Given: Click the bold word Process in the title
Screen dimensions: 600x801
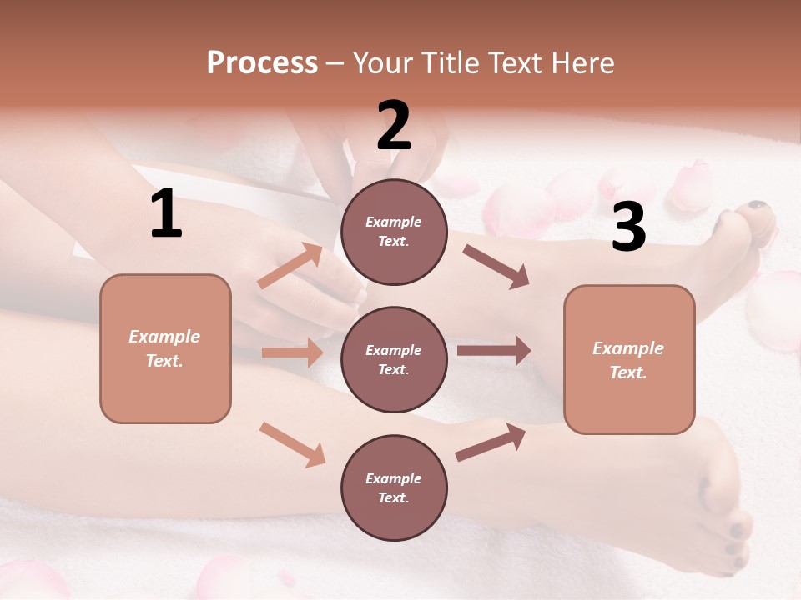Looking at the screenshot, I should click(262, 63).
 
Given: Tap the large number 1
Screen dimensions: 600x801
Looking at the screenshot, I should click(166, 214).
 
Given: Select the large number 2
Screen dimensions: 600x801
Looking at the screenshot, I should click(394, 126).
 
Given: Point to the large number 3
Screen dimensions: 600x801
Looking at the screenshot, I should click(628, 227).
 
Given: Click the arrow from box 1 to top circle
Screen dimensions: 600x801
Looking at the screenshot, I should click(290, 267).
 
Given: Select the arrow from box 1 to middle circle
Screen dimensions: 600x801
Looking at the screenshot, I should click(292, 352).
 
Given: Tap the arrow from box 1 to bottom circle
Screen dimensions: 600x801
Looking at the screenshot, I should click(292, 444).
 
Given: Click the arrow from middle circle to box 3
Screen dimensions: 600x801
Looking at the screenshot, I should click(494, 350).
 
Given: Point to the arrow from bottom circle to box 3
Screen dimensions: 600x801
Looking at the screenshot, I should click(491, 442).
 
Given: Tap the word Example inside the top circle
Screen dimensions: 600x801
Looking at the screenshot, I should click(394, 222).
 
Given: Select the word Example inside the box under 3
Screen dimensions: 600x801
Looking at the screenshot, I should click(628, 348).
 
